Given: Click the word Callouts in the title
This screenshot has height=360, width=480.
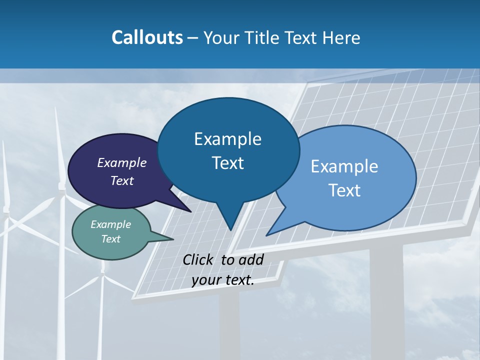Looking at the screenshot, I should click(147, 37).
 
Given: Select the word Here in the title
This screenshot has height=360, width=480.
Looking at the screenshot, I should click(341, 37).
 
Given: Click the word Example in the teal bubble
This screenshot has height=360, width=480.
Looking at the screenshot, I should click(110, 224).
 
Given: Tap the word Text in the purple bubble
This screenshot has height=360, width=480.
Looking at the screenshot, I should click(122, 180).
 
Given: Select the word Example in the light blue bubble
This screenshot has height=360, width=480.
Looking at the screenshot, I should click(344, 166).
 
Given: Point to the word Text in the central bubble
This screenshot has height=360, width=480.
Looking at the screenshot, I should click(228, 163).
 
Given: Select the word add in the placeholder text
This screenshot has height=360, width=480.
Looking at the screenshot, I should click(250, 259).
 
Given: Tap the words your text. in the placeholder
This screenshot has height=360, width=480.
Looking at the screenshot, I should click(223, 280).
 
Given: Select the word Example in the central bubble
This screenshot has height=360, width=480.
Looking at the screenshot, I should click(227, 139).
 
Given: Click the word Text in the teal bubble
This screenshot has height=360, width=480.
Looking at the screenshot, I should click(110, 239).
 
